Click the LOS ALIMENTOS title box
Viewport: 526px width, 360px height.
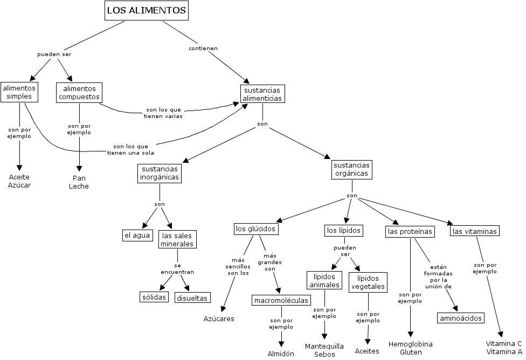[x=147, y=10]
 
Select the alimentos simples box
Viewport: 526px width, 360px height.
[x=19, y=92]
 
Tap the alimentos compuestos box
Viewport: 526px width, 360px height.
[x=79, y=93]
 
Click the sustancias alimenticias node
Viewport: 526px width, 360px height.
[x=262, y=94]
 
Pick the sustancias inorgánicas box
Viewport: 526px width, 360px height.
[x=160, y=173]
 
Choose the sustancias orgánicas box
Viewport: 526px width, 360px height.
[x=351, y=169]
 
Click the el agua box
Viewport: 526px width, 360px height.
[x=137, y=236]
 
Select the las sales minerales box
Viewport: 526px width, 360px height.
[x=178, y=239]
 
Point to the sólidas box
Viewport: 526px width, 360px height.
[x=154, y=297]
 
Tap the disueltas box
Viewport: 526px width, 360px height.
[x=192, y=297]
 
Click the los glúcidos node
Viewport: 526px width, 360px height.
[x=256, y=229]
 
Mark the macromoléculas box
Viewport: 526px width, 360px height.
[x=281, y=300]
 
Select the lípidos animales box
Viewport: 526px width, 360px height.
[x=324, y=280]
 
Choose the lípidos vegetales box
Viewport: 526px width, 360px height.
[x=368, y=282]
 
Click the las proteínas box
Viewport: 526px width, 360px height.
[x=410, y=232]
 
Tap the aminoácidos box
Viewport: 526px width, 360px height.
[x=460, y=318]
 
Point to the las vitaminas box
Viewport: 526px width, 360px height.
[x=475, y=231]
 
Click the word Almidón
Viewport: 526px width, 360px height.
[x=281, y=354]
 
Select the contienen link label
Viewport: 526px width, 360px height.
[x=203, y=49]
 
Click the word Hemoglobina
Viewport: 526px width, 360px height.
[x=411, y=344]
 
